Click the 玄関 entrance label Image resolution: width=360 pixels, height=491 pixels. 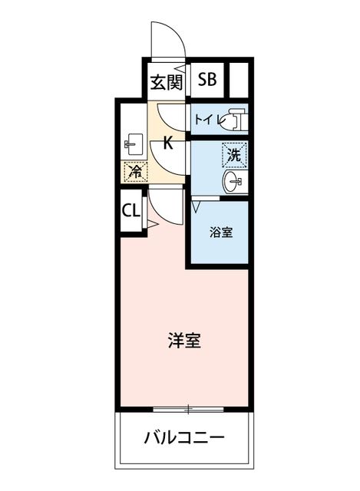coord(166,83)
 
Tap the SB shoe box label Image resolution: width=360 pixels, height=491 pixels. coord(207,79)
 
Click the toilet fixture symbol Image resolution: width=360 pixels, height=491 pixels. coord(234,119)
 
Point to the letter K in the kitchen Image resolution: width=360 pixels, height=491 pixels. coord(168,143)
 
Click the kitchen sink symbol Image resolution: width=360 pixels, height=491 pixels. coord(134,144)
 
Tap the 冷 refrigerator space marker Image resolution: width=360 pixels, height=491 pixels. coord(136,172)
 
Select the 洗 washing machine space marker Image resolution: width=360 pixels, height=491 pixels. coord(234,155)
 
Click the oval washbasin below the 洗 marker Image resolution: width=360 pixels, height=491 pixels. coord(233,181)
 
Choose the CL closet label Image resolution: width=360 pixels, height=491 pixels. coord(130,211)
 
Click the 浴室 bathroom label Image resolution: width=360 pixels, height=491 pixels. coord(221,232)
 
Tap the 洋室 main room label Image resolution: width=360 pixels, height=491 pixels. coord(184,341)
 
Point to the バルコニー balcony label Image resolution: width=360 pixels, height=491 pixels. coord(184,437)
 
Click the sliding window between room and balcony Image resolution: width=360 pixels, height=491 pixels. coord(188,409)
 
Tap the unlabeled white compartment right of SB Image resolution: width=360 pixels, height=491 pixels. coord(239,80)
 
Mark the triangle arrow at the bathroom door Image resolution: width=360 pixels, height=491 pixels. coord(197,207)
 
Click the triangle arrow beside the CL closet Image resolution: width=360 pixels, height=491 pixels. coord(153,224)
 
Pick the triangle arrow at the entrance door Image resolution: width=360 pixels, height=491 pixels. coord(180,68)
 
